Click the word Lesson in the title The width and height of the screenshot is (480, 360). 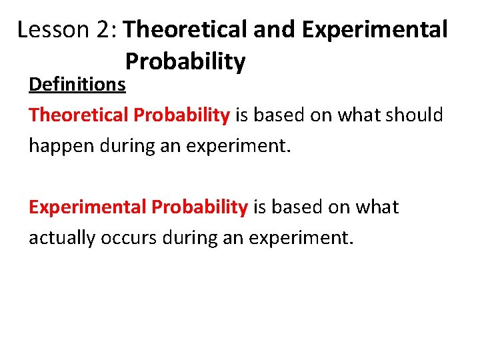[x=53, y=29]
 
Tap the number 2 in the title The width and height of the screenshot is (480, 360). [x=103, y=29]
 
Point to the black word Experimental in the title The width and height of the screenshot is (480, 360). [x=375, y=29]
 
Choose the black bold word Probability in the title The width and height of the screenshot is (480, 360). [x=185, y=62]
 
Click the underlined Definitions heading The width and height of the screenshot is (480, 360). [x=77, y=84]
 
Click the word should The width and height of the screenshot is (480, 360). [x=414, y=115]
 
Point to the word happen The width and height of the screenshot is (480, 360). [x=61, y=146]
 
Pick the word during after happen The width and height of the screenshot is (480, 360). [x=127, y=146]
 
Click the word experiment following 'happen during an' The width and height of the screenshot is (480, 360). [x=238, y=146]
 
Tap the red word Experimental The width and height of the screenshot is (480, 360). [x=87, y=207]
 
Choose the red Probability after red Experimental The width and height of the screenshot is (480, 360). [x=199, y=207]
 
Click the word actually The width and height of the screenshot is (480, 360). [x=62, y=238]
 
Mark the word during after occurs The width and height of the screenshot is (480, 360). [x=190, y=238]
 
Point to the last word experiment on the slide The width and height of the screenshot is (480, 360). [x=301, y=238]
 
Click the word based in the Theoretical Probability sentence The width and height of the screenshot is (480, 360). [x=279, y=115]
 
